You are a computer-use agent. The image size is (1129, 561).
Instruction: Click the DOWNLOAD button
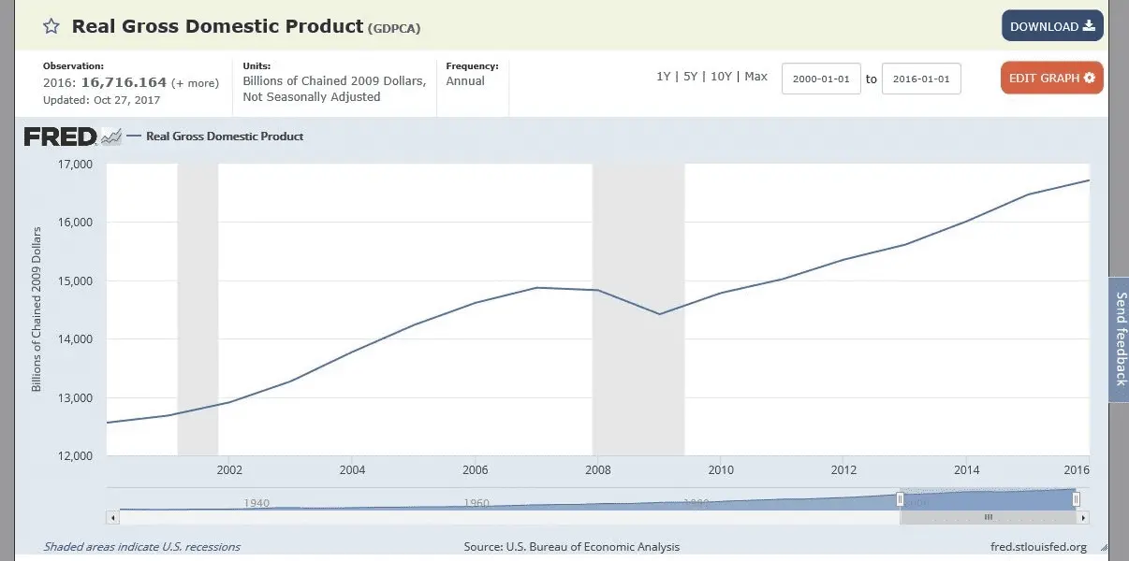click(1052, 26)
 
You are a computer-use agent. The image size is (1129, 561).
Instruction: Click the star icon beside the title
click(51, 26)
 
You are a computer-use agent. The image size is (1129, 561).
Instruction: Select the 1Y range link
click(663, 77)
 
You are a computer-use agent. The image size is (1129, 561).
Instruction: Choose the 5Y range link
click(690, 77)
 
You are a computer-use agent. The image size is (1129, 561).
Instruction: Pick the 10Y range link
click(721, 77)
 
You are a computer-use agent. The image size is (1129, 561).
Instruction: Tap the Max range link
click(755, 77)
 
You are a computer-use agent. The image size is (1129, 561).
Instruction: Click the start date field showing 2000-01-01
click(821, 79)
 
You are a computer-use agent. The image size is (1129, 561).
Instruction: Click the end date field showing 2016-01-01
click(921, 79)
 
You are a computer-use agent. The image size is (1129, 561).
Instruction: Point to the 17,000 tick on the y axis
click(74, 165)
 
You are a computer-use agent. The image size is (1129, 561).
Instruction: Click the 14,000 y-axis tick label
click(74, 339)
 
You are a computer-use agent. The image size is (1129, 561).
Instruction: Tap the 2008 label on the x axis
click(598, 470)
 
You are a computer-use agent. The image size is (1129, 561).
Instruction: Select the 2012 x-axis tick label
click(844, 470)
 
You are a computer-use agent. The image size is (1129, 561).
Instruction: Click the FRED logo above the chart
click(60, 137)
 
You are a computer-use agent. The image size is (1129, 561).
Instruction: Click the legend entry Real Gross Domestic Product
click(225, 137)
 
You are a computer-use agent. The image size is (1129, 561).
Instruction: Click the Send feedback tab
click(1120, 338)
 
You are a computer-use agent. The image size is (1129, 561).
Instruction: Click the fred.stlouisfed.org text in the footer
click(1038, 547)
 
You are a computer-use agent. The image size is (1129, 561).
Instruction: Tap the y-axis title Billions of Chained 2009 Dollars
click(37, 309)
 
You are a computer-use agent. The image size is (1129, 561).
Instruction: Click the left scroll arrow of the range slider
click(113, 517)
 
